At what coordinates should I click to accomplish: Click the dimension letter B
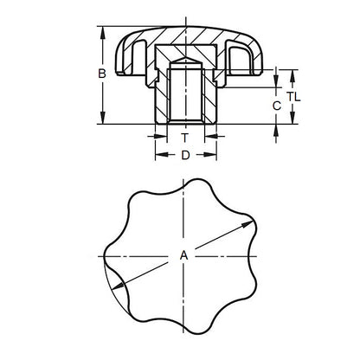[x=101, y=74]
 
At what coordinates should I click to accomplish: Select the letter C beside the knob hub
[x=275, y=105]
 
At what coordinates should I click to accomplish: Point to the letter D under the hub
[x=184, y=156]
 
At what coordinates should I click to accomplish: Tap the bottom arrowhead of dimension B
[x=105, y=125]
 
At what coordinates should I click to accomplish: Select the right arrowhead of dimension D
[x=212, y=157]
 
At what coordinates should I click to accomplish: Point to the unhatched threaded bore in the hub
[x=184, y=95]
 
